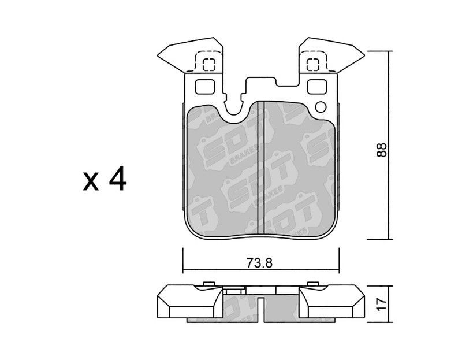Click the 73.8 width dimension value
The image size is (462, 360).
pos(259,263)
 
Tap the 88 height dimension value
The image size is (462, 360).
pos(382,150)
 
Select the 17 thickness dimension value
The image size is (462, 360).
pos(382,305)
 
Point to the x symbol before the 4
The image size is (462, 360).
pos(91,182)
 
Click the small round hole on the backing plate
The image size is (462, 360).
pos(321,107)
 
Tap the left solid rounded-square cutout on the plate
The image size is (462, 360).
pos(205,87)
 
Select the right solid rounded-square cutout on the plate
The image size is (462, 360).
pos(316,87)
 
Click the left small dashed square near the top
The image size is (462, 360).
pos(209,65)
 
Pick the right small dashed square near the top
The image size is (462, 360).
pos(313,65)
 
